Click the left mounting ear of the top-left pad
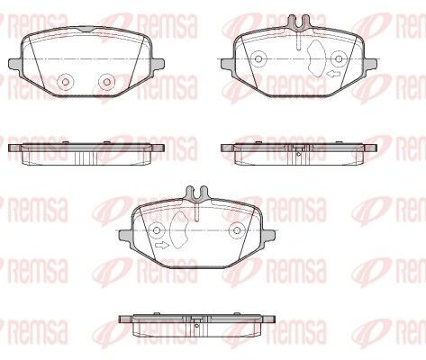coord(15,63)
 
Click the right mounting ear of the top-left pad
coord(159,63)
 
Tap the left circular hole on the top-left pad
coord(65,82)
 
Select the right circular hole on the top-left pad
coord(107,82)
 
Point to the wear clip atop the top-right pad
coord(298,22)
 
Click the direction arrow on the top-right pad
coord(333,74)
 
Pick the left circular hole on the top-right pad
coord(258,59)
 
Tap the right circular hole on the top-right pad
coord(340,59)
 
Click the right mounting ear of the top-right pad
coord(371,64)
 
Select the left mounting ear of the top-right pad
coord(227,64)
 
